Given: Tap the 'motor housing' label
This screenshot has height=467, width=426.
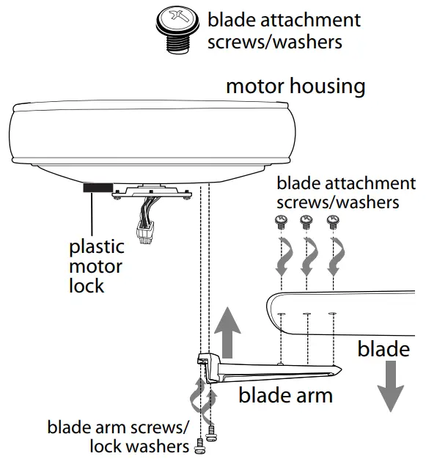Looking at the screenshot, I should coord(295,86).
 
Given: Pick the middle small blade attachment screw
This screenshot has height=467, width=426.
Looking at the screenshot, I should coord(307,221).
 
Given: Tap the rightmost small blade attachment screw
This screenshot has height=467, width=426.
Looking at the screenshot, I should coord(334,221).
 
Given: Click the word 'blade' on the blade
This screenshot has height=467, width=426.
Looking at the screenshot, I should coord(383,349).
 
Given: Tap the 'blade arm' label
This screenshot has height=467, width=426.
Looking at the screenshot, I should coord(285,396).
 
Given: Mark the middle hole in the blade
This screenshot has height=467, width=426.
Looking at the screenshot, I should coord(307,316).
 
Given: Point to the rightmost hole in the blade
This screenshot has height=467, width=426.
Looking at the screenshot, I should coord(333,316).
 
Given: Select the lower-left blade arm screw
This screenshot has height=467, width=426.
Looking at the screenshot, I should coord(199,446).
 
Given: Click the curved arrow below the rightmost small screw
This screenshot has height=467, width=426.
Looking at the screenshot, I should coord(334,257).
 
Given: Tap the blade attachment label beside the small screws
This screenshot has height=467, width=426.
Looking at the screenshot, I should coord(345,191).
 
